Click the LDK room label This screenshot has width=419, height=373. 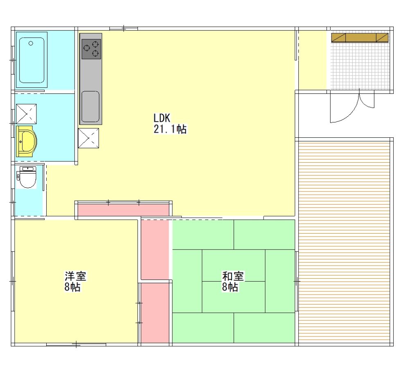[162, 118]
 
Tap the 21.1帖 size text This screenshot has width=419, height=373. [170, 129]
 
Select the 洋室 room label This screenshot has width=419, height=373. [75, 276]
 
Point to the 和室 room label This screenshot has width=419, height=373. [233, 276]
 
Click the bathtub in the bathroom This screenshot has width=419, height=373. [32, 60]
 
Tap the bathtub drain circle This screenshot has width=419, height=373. [31, 43]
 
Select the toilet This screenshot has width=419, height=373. [28, 177]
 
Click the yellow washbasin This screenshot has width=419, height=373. [26, 141]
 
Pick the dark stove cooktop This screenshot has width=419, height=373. [91, 49]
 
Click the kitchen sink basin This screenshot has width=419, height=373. [90, 106]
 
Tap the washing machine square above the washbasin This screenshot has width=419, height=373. [26, 114]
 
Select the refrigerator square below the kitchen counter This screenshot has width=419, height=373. [88, 138]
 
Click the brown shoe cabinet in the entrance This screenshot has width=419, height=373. [360, 38]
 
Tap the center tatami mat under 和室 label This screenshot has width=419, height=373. [234, 297]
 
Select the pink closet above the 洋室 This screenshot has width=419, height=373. [123, 210]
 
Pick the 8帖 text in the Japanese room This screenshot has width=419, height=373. [230, 287]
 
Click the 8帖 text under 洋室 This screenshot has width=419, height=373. [72, 287]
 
